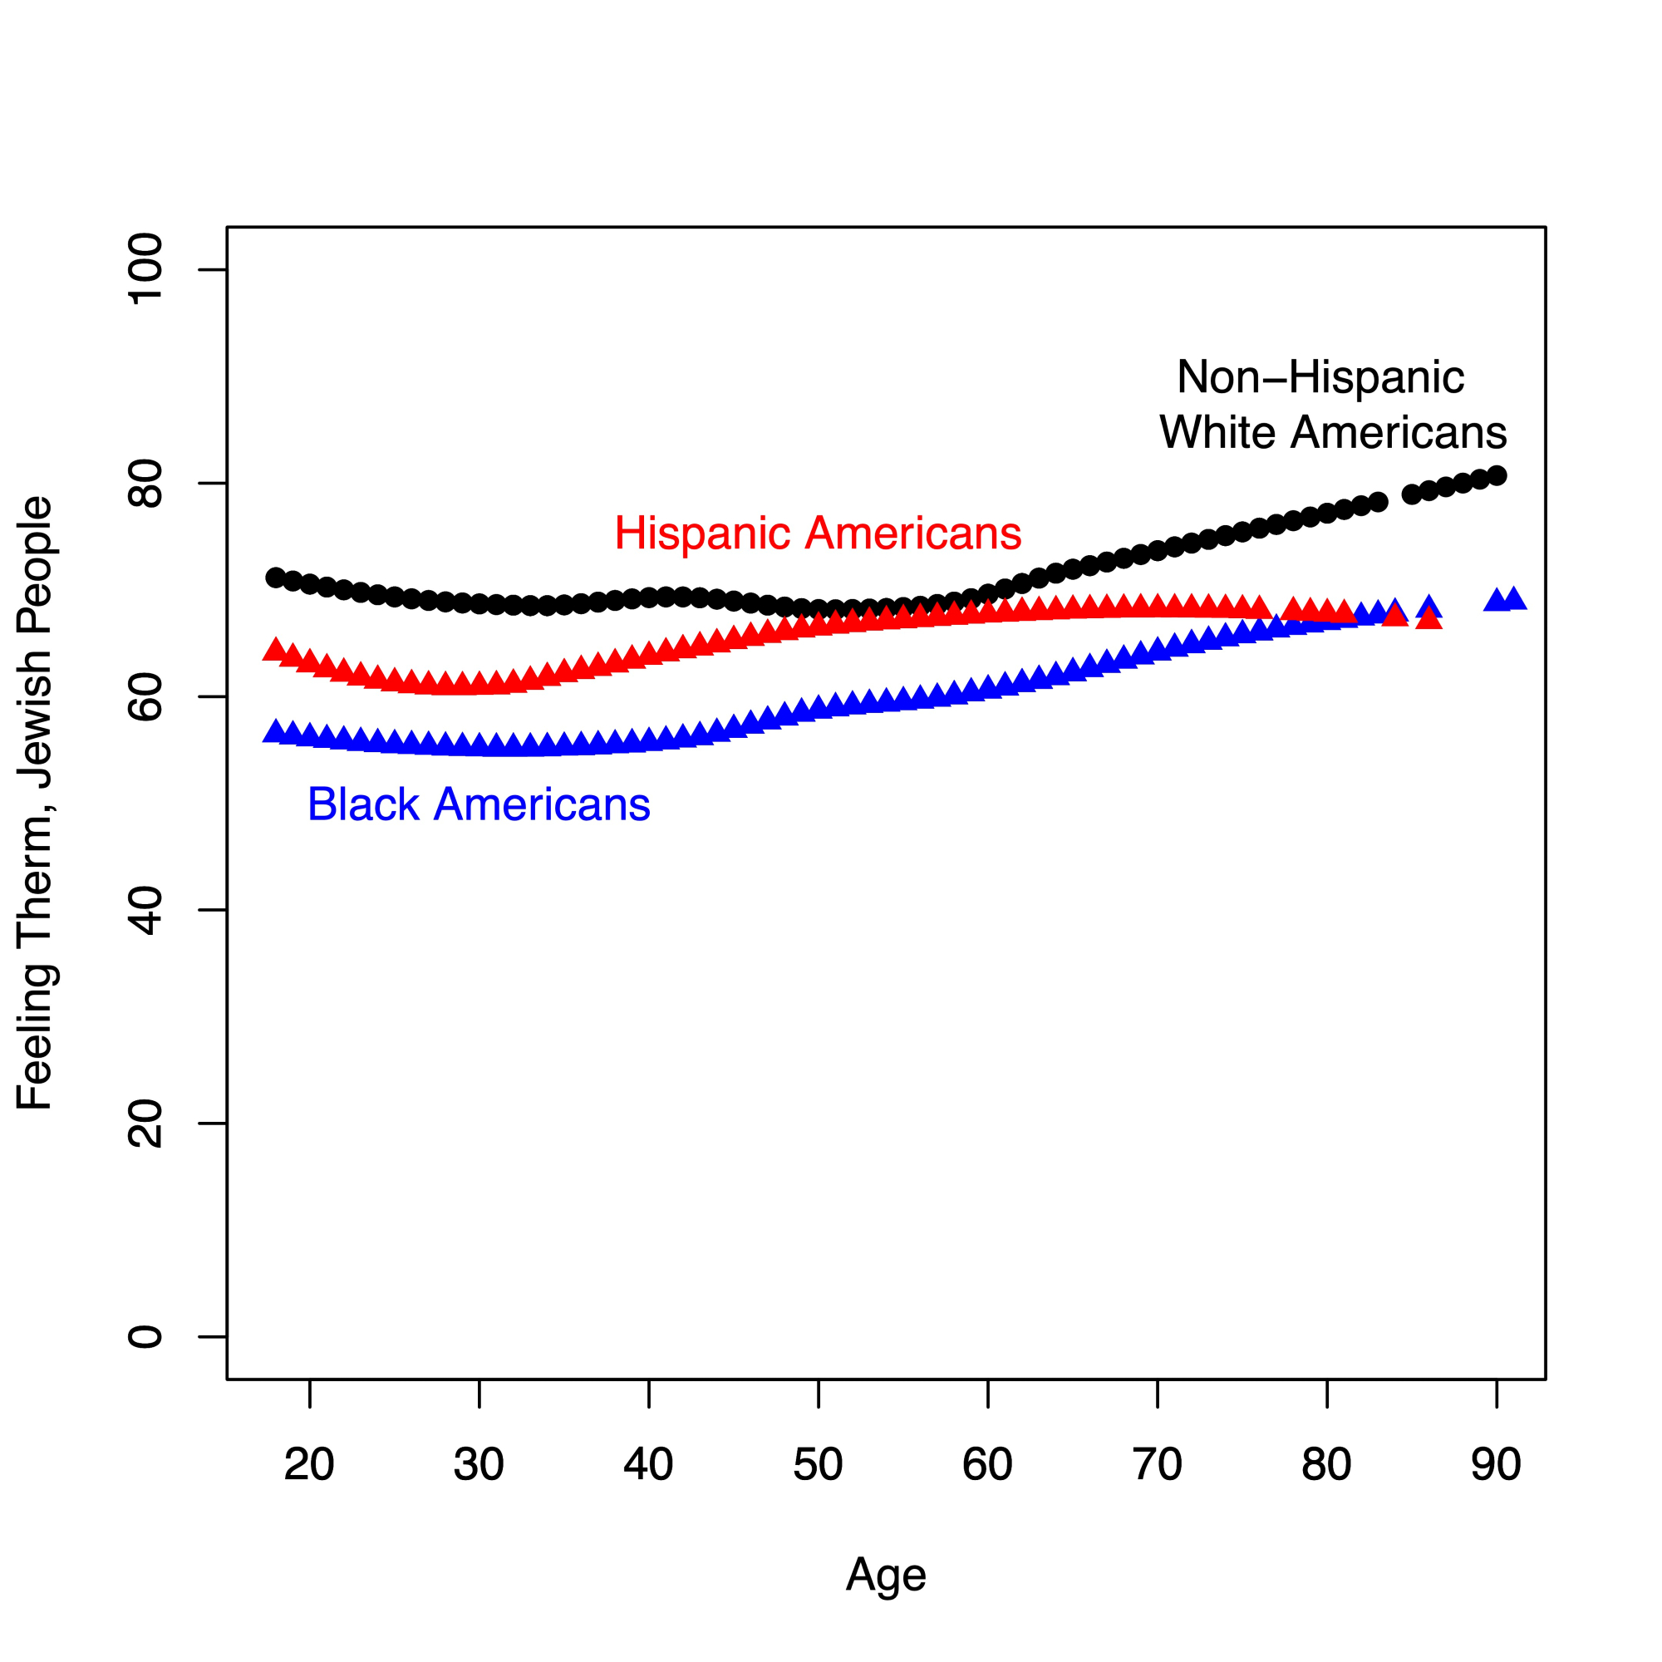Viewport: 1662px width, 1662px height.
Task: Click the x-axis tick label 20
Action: point(309,1464)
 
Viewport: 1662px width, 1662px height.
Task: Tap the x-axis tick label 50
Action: point(817,1464)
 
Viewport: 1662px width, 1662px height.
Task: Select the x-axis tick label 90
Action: point(1496,1464)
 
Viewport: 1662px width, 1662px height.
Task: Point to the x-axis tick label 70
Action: point(1157,1464)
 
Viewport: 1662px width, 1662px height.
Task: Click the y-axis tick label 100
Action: point(145,269)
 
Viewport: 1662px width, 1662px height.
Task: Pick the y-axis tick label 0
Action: point(145,1337)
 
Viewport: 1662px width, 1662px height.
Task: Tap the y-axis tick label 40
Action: point(145,910)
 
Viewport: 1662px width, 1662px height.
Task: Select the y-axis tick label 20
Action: point(145,1124)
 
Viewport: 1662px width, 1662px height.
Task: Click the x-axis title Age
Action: point(886,1575)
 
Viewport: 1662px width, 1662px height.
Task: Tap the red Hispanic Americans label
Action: point(817,534)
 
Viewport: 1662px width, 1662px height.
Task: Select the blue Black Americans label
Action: point(479,804)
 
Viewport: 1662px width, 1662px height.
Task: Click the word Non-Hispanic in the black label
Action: point(1320,377)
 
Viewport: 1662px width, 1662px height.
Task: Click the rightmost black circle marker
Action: point(1497,475)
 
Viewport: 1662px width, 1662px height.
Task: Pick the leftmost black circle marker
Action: point(275,578)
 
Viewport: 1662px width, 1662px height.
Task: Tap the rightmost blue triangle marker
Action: point(1514,598)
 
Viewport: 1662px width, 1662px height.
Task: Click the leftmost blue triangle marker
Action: point(275,731)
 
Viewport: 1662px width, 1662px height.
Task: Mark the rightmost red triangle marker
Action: point(1428,618)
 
